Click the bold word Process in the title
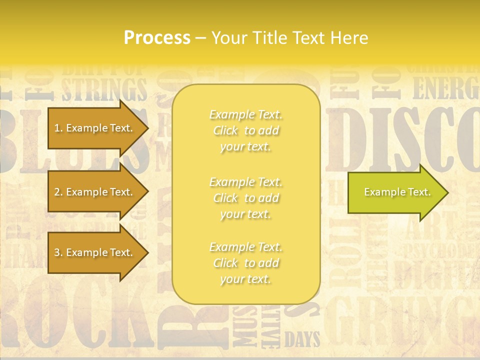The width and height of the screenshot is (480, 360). click(x=157, y=38)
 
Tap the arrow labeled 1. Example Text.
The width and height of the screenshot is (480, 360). click(x=95, y=128)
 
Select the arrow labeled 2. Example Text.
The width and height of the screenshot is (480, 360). click(x=95, y=192)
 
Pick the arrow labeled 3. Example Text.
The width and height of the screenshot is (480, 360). click(x=95, y=252)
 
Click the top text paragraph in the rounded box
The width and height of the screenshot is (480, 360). click(x=245, y=130)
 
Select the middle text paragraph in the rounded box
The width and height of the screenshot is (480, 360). click(x=245, y=197)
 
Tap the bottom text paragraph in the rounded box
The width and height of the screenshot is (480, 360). click(x=245, y=263)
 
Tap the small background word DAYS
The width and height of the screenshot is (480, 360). click(x=302, y=340)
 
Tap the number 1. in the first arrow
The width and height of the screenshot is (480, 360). click(x=58, y=128)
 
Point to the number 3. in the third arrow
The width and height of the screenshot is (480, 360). click(x=58, y=252)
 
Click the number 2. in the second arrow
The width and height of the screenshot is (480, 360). click(x=58, y=192)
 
